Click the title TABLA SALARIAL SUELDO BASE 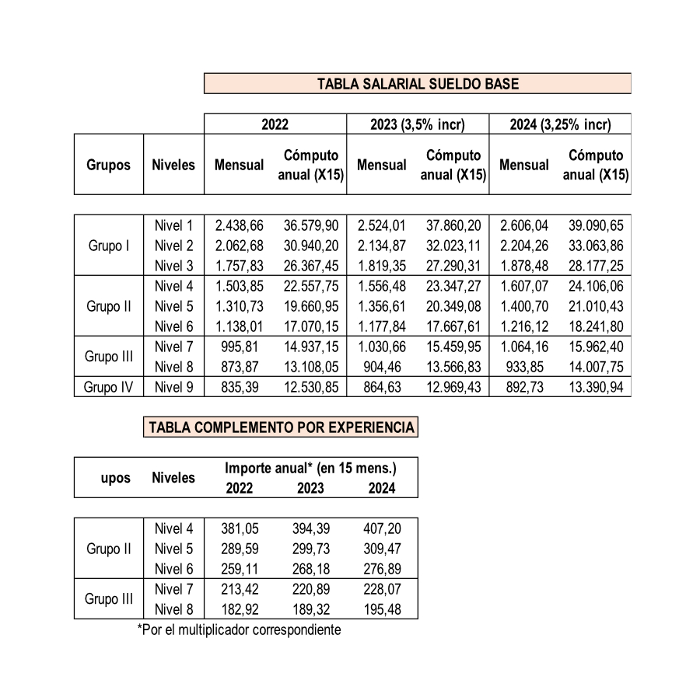coord(418,84)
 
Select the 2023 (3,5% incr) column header coord(418,124)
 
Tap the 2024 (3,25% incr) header coord(560,124)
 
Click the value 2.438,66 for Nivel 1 coord(239,226)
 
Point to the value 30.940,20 coord(310,246)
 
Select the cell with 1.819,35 coord(381,267)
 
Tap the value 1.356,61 coord(381,306)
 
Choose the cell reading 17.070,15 coord(310,326)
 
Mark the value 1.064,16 coord(524,347)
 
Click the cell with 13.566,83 coord(453,367)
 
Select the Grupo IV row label coord(109,387)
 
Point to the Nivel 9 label coord(173,387)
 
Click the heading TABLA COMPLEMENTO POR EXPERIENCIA coord(281,427)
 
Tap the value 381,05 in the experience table coord(239,529)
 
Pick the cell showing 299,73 coord(310,549)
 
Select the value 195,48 coord(383,610)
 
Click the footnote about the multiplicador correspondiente coord(239,629)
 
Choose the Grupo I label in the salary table coord(109,246)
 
